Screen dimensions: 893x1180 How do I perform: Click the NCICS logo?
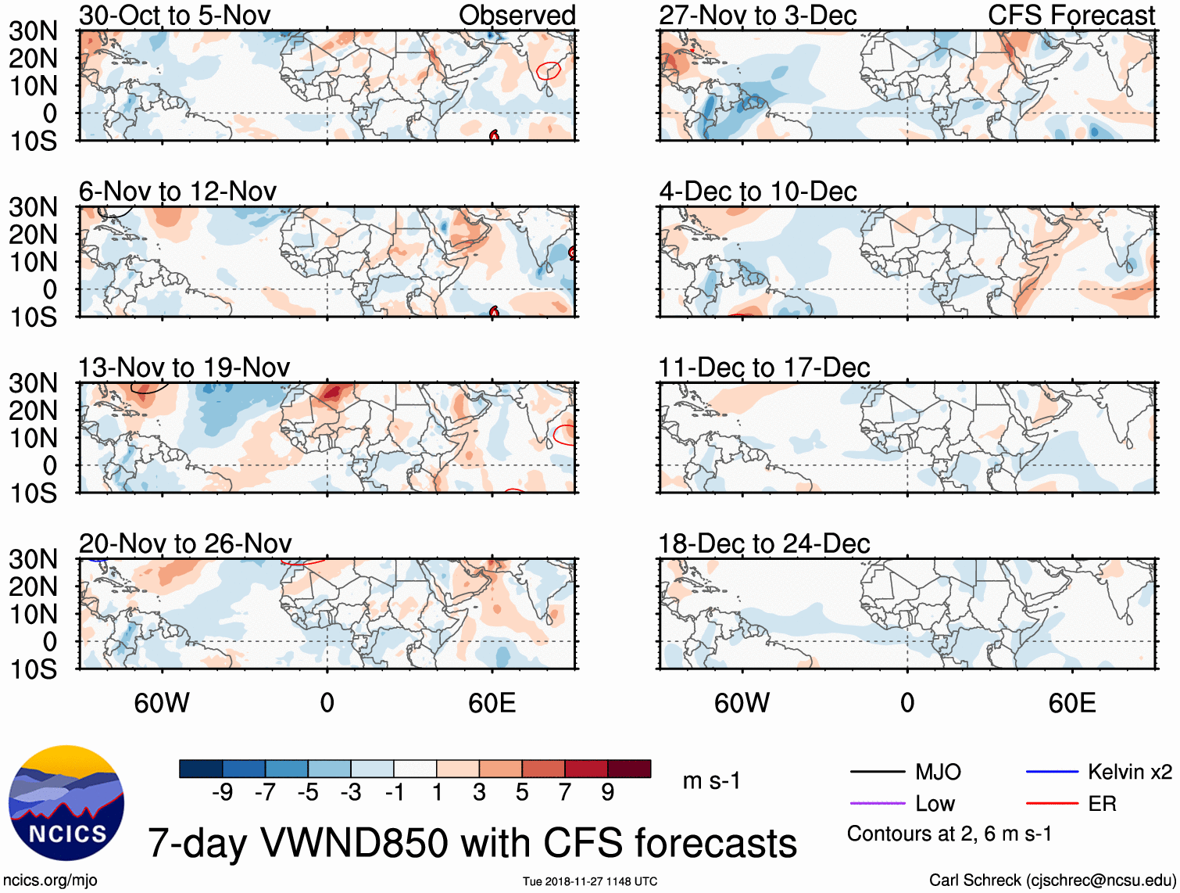(x=66, y=803)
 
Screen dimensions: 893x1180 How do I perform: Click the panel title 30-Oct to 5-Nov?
(x=174, y=16)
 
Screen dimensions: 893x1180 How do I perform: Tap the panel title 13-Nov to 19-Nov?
(x=184, y=368)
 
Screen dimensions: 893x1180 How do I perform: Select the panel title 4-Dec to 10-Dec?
(x=757, y=192)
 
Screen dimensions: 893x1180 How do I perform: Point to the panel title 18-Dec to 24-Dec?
(x=763, y=543)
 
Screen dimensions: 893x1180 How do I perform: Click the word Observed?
(x=517, y=16)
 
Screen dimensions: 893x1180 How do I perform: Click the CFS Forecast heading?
(x=1071, y=16)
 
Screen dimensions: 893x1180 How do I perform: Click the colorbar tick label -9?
(x=222, y=793)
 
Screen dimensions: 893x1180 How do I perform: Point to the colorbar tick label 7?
(x=565, y=793)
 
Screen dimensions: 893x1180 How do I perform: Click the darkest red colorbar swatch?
(x=629, y=769)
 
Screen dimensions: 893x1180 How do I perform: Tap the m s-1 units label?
(x=711, y=781)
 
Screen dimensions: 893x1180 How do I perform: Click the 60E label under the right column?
(x=1071, y=703)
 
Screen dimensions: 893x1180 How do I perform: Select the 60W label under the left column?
(x=162, y=703)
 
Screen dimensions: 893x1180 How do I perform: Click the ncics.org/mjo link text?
(x=50, y=880)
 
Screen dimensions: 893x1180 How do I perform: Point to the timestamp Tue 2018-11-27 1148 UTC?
(x=590, y=881)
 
